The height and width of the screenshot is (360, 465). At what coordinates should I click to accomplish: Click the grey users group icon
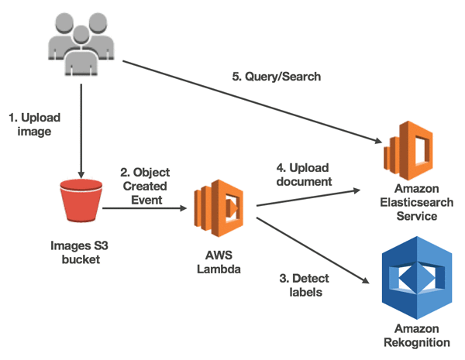81,44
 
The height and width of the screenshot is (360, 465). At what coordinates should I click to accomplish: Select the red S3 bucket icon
81,201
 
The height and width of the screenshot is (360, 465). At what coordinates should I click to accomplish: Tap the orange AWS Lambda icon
219,208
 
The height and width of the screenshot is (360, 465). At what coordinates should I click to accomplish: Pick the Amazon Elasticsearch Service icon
408,150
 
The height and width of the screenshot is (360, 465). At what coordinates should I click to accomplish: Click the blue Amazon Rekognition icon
417,278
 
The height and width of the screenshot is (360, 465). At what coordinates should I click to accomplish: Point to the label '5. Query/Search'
277,77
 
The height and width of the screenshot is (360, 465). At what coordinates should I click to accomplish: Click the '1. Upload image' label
34,125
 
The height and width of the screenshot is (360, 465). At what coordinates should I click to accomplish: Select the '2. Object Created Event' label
145,186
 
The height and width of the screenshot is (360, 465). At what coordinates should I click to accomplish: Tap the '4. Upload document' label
304,174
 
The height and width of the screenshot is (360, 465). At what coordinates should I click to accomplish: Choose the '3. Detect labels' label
305,286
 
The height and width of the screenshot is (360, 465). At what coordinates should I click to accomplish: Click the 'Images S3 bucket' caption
80,252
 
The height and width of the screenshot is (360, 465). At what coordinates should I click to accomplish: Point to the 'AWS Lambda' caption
219,262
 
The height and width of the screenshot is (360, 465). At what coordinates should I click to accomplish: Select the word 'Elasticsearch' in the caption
417,202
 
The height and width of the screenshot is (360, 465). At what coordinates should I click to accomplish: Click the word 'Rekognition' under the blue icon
417,342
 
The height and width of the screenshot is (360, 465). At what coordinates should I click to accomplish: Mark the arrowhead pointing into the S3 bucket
81,174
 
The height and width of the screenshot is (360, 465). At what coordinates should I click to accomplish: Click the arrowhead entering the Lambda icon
183,208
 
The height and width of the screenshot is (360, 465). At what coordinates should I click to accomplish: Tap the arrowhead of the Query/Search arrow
378,140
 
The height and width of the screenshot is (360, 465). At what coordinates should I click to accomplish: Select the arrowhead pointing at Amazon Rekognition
366,280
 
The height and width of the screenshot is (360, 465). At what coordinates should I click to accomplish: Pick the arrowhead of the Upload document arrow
356,190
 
